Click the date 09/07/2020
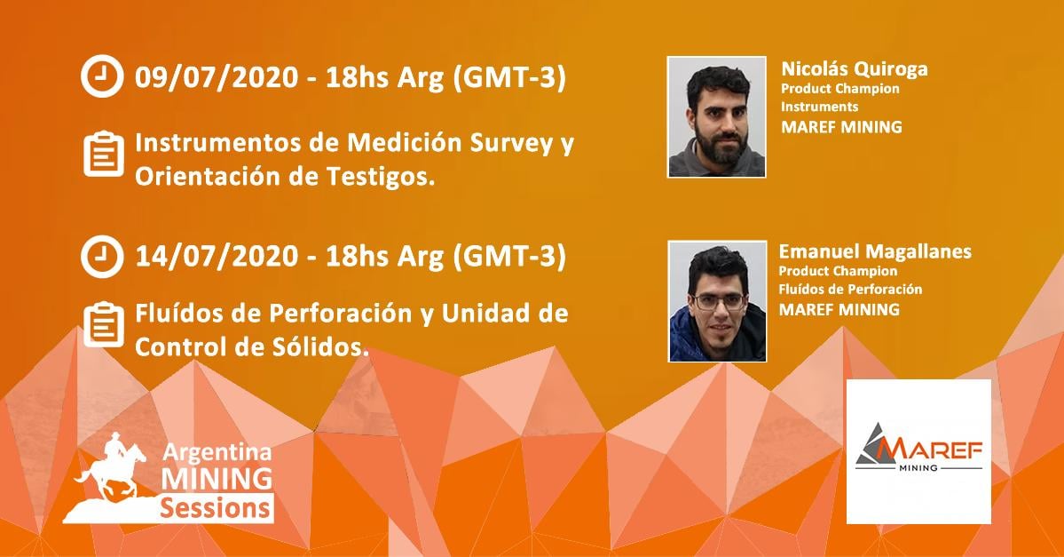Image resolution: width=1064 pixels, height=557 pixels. coord(216,77)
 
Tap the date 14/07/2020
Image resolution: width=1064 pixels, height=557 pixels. coord(216,257)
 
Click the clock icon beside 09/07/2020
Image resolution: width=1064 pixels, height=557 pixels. coord(102,76)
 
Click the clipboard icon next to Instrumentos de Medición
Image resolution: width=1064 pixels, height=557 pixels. coord(104,154)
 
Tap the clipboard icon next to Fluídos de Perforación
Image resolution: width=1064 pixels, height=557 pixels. coord(104,324)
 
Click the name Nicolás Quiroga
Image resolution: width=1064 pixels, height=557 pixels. coord(855,69)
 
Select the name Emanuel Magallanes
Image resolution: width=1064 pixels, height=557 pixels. coord(875,252)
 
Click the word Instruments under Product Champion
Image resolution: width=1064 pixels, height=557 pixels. coord(819,107)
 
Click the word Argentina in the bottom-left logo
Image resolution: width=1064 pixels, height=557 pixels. coord(217,453)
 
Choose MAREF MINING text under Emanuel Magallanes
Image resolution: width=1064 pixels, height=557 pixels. coord(839,310)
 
